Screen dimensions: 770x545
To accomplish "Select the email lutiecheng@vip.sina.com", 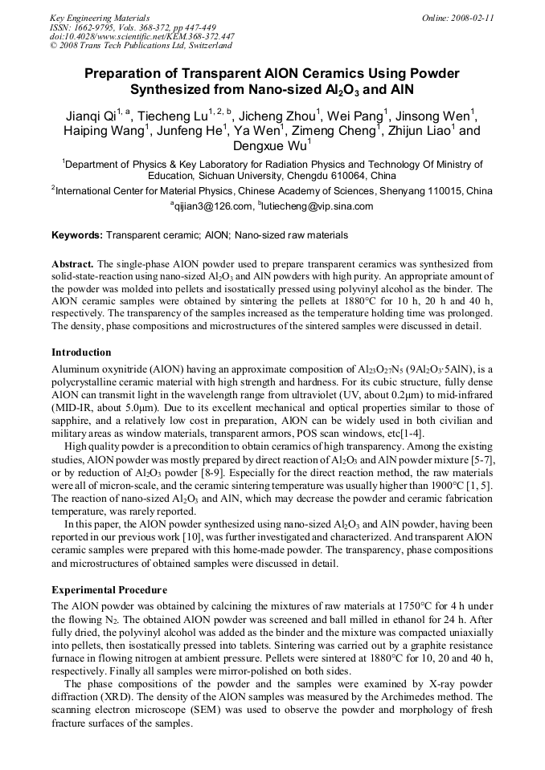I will coord(318,206).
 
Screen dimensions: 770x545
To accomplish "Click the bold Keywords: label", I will coord(77,235).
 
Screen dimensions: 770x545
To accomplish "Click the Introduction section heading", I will coord(81,352).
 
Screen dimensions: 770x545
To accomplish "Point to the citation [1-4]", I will coord(412,434).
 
